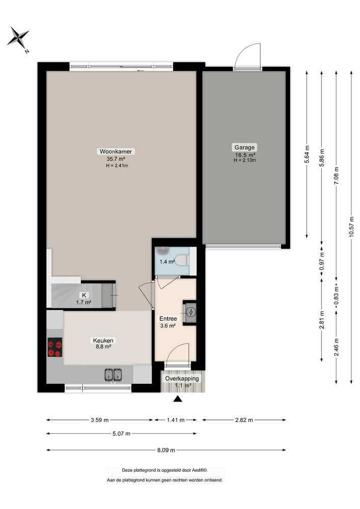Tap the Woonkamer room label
113,151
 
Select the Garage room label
244,148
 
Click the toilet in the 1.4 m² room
184,260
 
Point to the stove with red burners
55,349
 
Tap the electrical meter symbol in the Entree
190,313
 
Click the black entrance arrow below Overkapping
177,399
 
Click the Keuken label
103,341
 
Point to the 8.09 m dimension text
165,450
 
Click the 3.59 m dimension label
99,420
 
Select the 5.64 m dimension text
307,153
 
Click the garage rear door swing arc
250,55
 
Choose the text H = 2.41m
117,165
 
